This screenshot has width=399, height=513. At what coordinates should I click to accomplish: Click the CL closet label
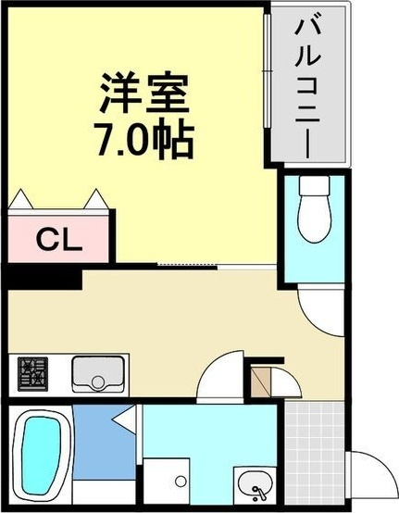[x=58, y=238]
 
